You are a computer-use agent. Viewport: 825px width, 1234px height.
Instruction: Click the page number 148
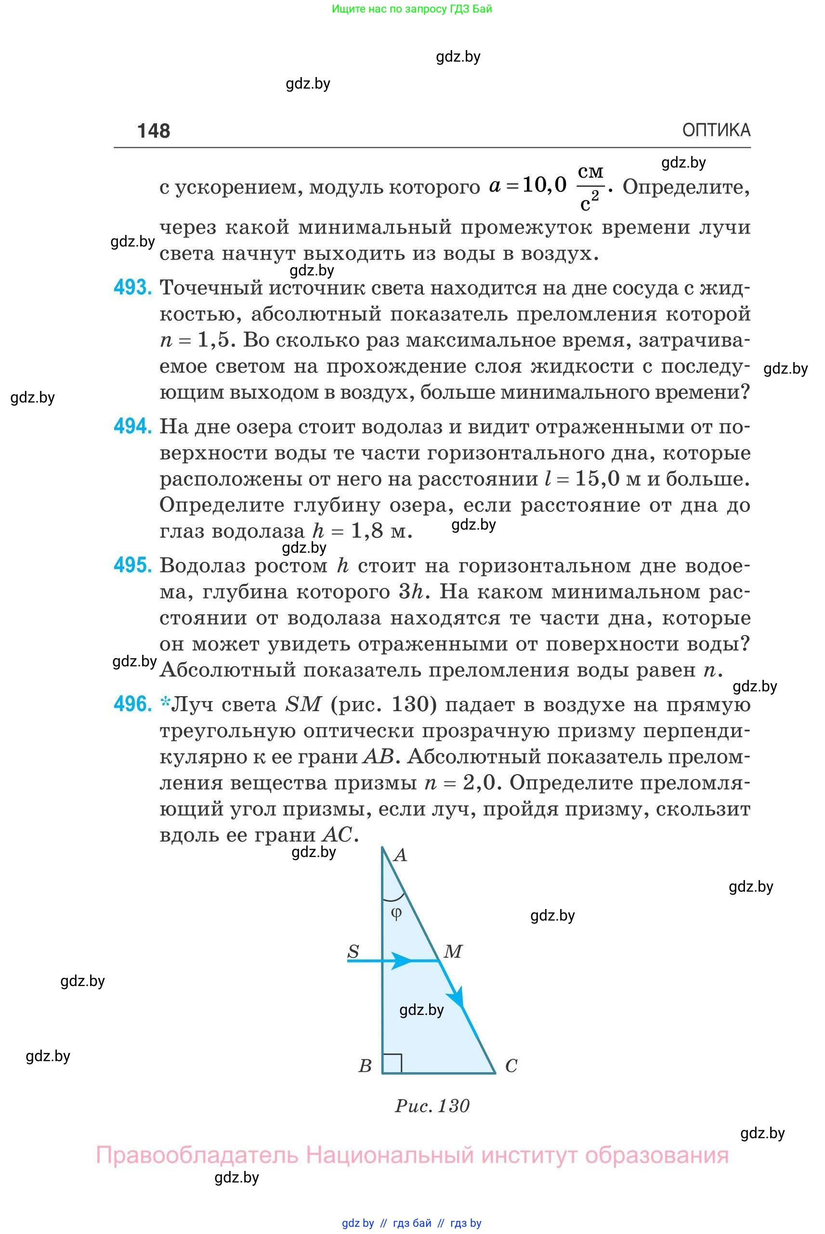pyautogui.click(x=153, y=130)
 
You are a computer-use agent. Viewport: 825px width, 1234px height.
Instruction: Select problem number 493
pyautogui.click(x=132, y=287)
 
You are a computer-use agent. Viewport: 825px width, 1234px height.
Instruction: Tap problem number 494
pyautogui.click(x=132, y=426)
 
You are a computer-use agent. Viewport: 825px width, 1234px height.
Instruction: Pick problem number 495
pyautogui.click(x=132, y=565)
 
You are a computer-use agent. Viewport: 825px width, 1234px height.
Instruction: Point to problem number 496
pyautogui.click(x=132, y=704)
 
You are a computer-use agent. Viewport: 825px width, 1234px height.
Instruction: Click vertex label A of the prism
pyautogui.click(x=400, y=855)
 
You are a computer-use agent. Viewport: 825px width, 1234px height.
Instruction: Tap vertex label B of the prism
pyautogui.click(x=365, y=1065)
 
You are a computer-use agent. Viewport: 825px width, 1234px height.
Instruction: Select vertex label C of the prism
pyautogui.click(x=511, y=1065)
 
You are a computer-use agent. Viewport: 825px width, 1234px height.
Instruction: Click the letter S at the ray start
pyautogui.click(x=353, y=951)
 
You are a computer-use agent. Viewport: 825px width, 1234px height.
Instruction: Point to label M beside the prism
pyautogui.click(x=453, y=951)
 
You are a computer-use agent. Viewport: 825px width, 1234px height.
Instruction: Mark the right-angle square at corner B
pyautogui.click(x=392, y=1063)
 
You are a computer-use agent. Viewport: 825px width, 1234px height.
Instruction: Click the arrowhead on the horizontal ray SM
pyautogui.click(x=403, y=961)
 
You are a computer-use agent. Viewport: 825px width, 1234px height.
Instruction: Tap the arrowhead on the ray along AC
pyautogui.click(x=456, y=996)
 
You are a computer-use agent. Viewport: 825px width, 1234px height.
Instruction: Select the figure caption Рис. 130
pyautogui.click(x=432, y=1105)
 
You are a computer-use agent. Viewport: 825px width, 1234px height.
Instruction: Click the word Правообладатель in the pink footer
pyautogui.click(x=197, y=1155)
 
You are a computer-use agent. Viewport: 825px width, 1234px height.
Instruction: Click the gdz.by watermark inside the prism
pyautogui.click(x=421, y=1010)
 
